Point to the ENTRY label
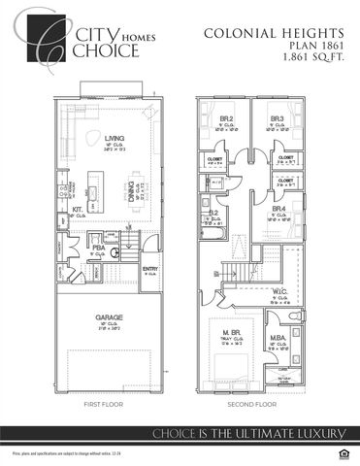click(x=150, y=269)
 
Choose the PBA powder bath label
click(x=98, y=249)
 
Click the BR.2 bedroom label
click(x=225, y=118)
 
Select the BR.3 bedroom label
click(x=277, y=118)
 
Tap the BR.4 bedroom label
click(x=278, y=210)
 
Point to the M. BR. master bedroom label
click(x=233, y=335)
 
